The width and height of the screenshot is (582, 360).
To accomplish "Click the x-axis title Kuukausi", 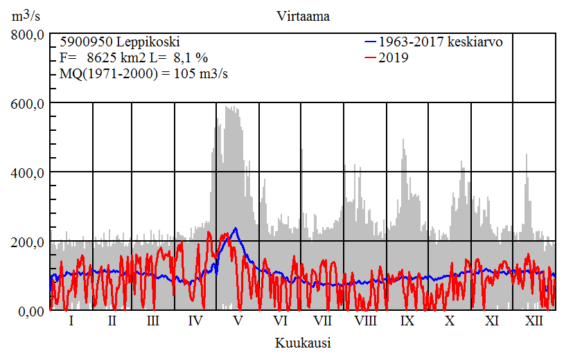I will (x=302, y=343).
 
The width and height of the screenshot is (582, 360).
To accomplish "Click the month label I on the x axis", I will (x=71, y=321).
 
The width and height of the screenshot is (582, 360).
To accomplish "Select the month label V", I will (x=238, y=321).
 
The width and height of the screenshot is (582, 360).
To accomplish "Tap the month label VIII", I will (x=365, y=321).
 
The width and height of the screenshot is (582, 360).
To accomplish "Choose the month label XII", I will (x=533, y=321).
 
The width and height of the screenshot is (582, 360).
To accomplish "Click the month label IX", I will (x=407, y=321).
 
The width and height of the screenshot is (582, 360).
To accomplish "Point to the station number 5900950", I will (x=85, y=42).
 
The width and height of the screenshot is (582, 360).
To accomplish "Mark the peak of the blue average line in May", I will (x=236, y=228).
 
